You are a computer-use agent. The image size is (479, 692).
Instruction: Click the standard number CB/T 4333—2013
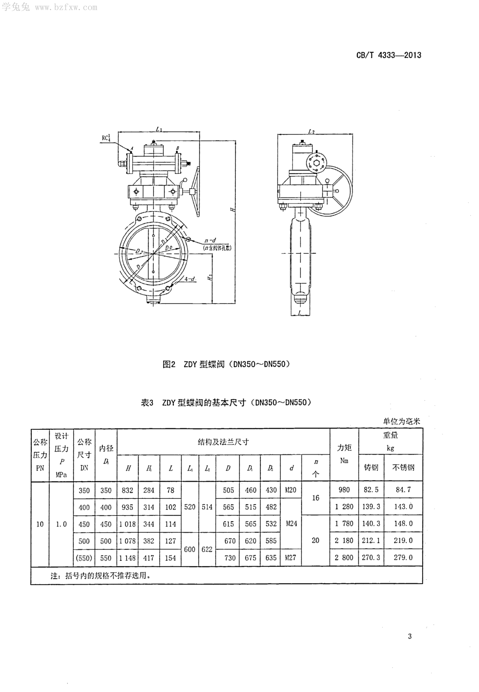pos(389,55)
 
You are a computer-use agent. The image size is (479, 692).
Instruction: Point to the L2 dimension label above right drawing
pos(312,131)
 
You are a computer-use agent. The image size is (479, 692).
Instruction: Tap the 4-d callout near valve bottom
pos(190,279)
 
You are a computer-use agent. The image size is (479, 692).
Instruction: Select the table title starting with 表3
pos(226,402)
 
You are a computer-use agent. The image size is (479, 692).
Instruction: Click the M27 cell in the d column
pos(291,558)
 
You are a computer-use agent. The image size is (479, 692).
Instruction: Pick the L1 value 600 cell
pos(190,549)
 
